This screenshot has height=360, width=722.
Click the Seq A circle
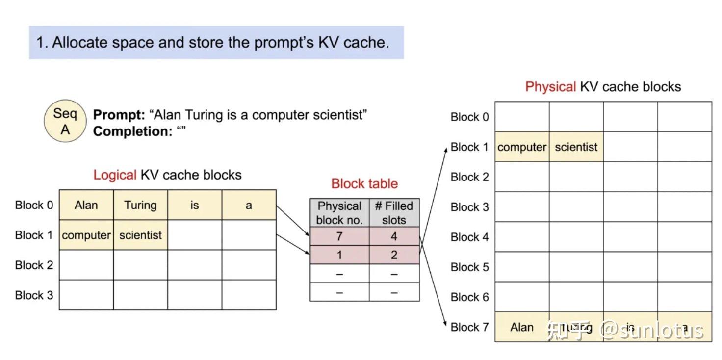coord(65,121)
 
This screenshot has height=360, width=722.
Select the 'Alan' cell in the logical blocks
coord(86,205)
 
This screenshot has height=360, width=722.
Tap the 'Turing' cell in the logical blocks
coord(140,205)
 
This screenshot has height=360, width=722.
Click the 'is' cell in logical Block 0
coord(195,205)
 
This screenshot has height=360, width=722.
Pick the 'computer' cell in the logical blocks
coord(86,235)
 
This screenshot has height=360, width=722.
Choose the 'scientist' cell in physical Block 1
coord(576,147)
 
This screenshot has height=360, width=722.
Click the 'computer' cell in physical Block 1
coord(522,147)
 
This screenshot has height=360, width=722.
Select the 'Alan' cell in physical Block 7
coord(522,327)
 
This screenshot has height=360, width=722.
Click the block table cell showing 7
coord(339,236)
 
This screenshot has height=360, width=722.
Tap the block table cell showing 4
coord(394,236)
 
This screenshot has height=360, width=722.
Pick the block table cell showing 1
coord(339,255)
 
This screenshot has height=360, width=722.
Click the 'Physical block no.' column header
coord(339,213)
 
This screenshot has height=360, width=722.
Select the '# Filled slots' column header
coord(394,213)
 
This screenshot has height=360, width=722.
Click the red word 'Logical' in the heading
coord(115,175)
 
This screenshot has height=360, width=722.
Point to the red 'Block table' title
coord(364,183)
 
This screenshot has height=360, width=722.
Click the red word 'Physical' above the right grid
coord(550,87)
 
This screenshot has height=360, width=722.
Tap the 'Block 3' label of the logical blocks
coord(34,295)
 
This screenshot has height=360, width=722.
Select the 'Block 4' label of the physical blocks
coord(469,237)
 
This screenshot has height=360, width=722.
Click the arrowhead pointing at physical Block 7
coord(446,325)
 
